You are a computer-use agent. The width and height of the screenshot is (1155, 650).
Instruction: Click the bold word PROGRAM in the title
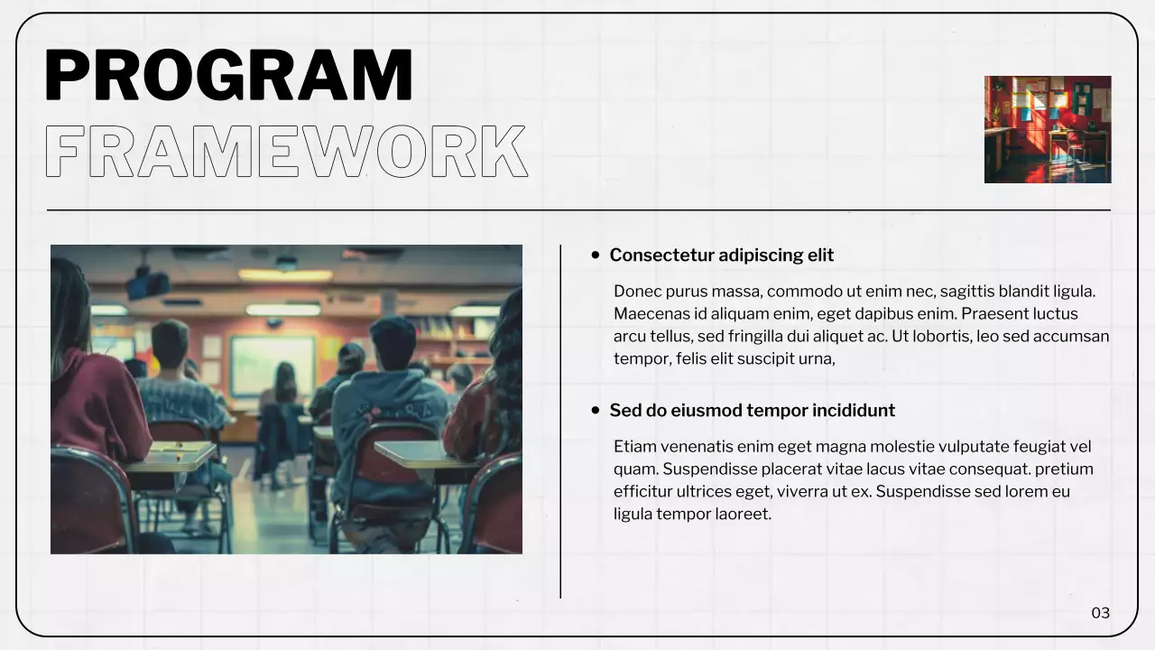(228, 75)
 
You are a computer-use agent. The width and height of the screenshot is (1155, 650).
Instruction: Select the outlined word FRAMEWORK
(285, 152)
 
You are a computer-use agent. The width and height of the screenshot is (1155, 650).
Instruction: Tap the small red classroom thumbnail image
(1047, 129)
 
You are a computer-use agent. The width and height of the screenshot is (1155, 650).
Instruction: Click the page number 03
(1100, 613)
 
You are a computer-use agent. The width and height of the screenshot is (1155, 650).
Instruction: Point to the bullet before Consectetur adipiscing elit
(596, 255)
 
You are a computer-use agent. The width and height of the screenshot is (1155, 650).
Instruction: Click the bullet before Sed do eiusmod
(596, 411)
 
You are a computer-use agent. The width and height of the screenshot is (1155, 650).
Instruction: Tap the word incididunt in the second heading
(854, 411)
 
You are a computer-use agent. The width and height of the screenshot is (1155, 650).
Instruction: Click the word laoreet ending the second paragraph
(743, 515)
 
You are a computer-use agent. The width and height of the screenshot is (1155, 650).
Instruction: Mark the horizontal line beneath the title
(577, 210)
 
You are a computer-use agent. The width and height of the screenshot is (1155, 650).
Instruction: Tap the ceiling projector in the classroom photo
(147, 283)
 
